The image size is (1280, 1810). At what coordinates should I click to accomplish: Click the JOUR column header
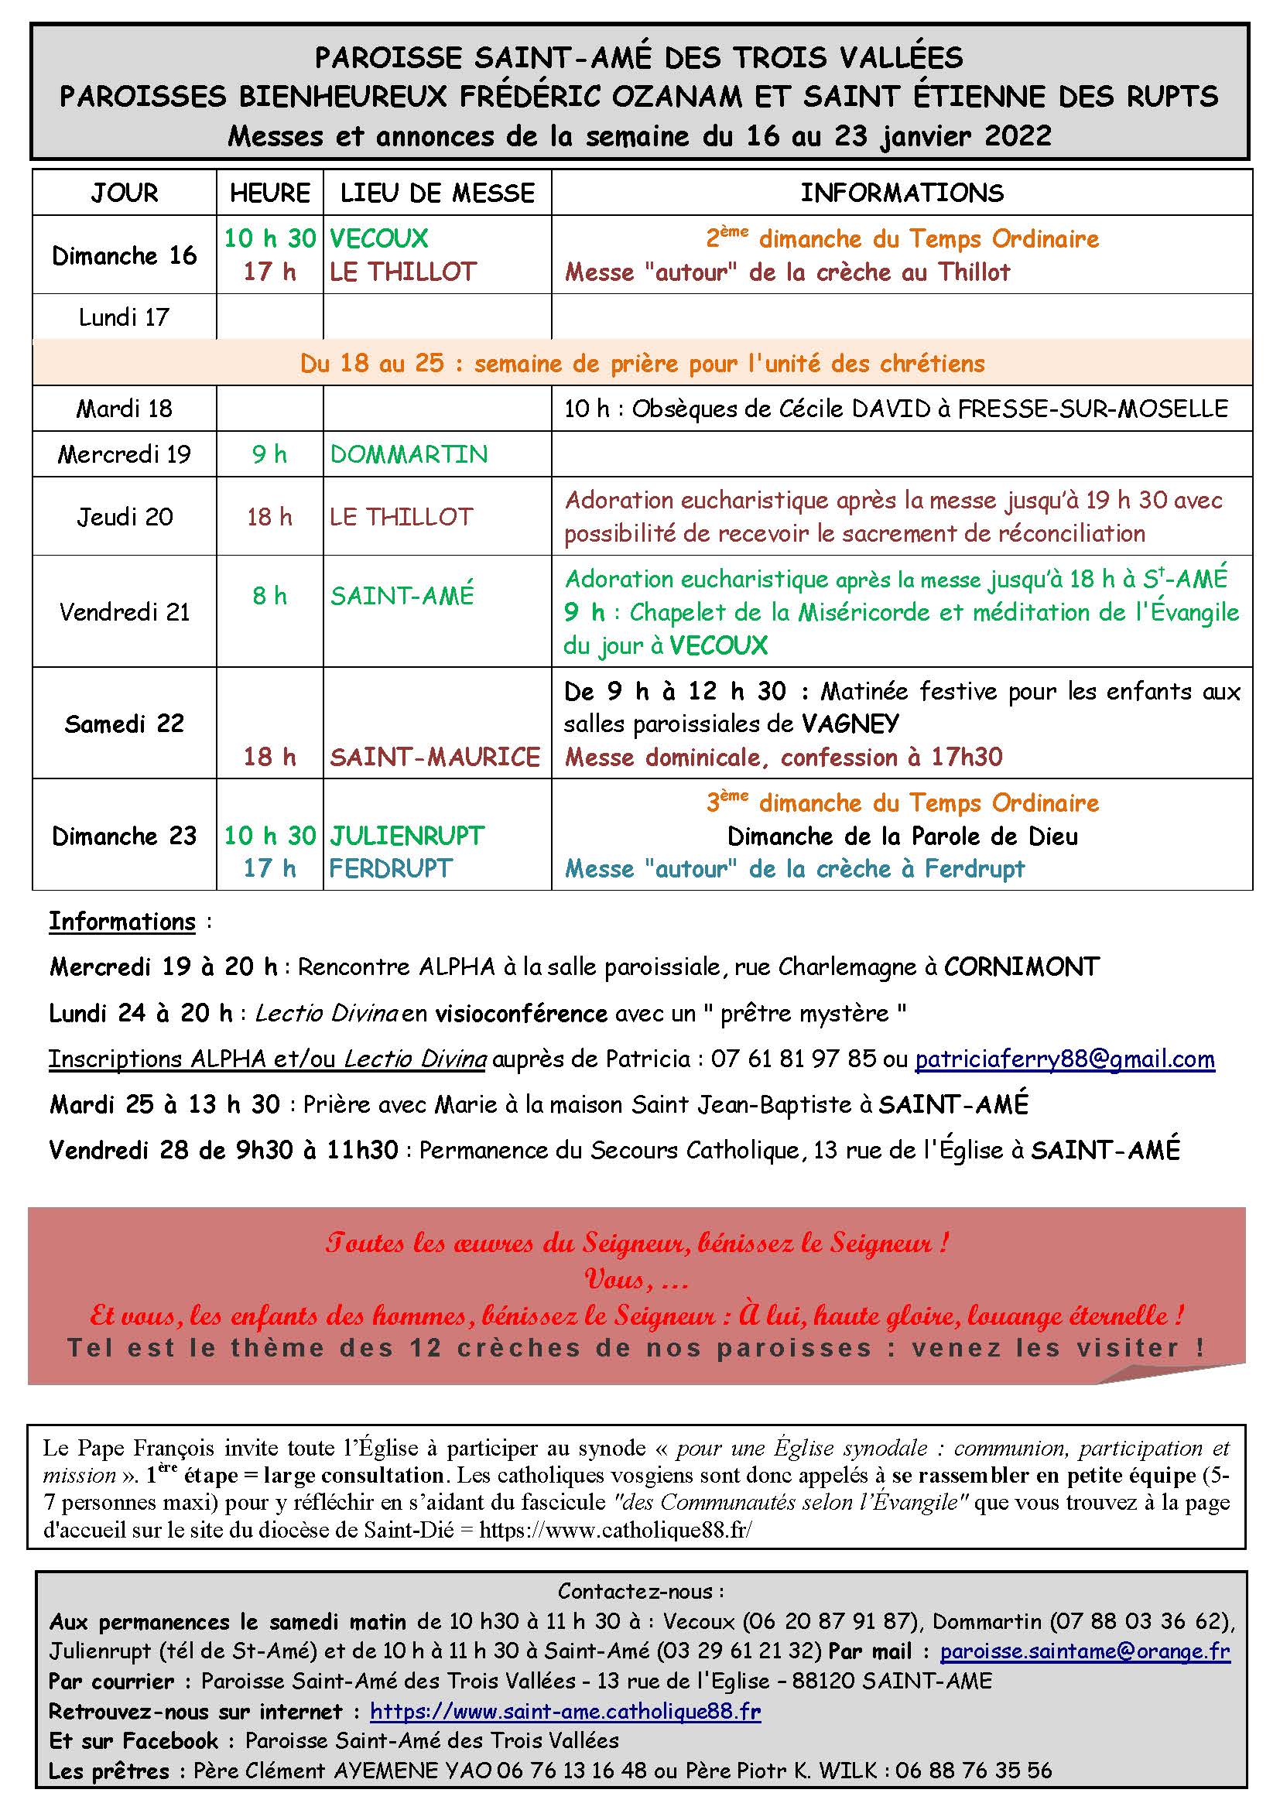(x=125, y=193)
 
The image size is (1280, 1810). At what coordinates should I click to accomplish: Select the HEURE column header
(x=269, y=193)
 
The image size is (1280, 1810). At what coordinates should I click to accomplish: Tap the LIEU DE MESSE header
(x=437, y=193)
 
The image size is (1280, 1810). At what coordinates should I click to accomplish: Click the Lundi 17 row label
(x=124, y=317)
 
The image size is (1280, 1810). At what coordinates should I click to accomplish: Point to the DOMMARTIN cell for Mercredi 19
(x=409, y=454)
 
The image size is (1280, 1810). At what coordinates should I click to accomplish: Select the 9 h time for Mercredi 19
(x=269, y=454)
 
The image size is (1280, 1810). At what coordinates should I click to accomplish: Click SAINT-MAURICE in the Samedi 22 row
(x=435, y=757)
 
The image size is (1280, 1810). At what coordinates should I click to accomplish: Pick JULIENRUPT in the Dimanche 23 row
(x=407, y=836)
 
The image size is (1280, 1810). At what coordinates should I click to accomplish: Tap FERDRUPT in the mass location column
(x=391, y=869)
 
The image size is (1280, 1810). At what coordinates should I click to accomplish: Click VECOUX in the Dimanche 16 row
(x=379, y=238)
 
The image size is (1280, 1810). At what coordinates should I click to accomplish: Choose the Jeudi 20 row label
(x=125, y=516)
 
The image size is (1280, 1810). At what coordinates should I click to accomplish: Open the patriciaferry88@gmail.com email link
(x=1065, y=1059)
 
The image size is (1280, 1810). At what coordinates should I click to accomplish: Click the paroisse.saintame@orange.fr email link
(x=1084, y=1651)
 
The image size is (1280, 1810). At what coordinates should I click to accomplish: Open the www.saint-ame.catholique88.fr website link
(x=565, y=1712)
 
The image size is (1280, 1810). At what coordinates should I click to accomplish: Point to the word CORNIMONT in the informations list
(x=1022, y=967)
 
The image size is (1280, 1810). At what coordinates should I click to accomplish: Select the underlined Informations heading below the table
(x=122, y=922)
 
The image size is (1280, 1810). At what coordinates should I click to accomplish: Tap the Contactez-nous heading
(x=640, y=1592)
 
